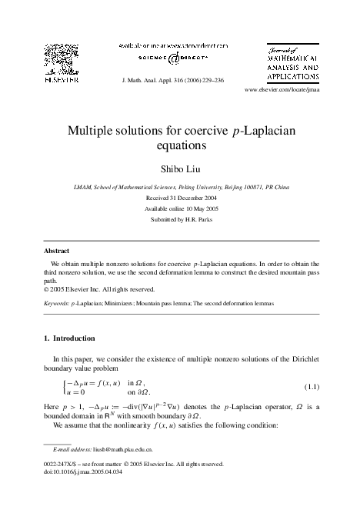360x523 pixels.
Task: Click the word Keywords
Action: (55, 304)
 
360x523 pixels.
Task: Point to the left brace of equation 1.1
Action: (64, 385)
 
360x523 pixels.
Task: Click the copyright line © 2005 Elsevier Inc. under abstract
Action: (98, 289)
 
